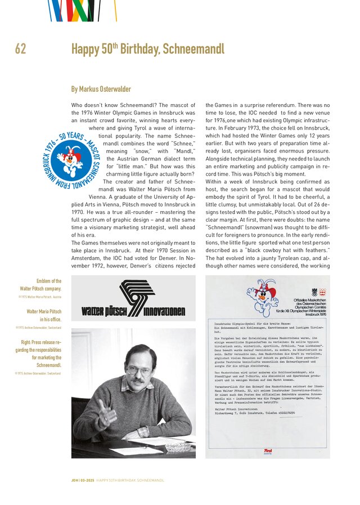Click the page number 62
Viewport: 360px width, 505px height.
coord(20,49)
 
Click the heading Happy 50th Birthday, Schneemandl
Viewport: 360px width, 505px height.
coord(147,49)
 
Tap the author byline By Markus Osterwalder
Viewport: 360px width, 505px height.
coord(101,89)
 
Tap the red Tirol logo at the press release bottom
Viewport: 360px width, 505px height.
coord(268,452)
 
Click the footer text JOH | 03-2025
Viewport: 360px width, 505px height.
coord(82,480)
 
